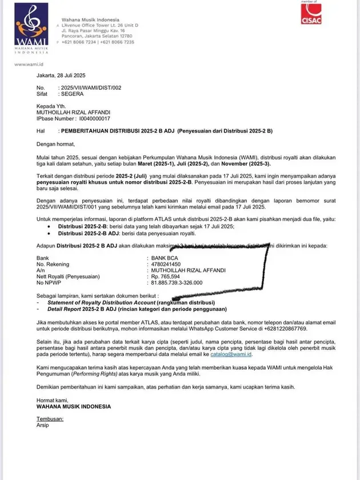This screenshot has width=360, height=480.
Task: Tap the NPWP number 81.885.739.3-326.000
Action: tap(177, 282)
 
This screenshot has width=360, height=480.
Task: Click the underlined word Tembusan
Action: tap(50, 419)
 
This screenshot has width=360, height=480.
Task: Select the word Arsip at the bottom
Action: tap(43, 425)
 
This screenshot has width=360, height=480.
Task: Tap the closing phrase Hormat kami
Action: tap(50, 401)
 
